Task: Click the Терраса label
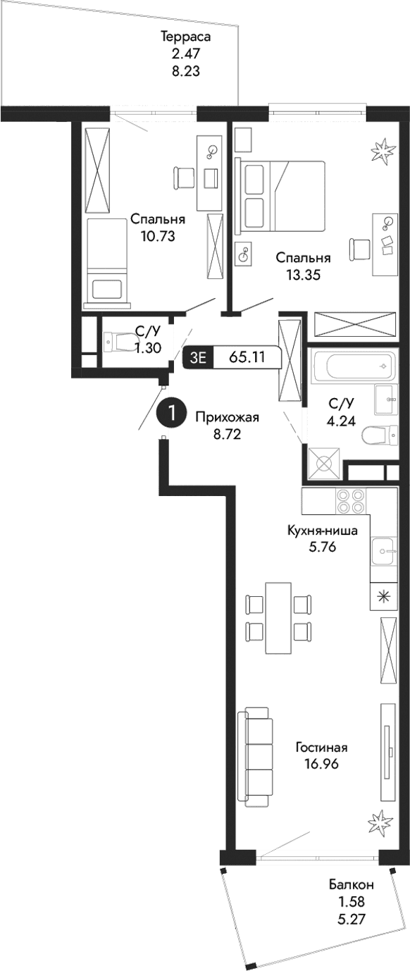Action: (x=186, y=37)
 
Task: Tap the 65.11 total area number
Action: (x=247, y=357)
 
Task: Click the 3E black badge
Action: (x=197, y=357)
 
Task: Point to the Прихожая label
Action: (x=228, y=417)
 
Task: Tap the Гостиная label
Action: (x=321, y=748)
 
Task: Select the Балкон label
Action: (x=350, y=885)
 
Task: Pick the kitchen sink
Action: (x=385, y=548)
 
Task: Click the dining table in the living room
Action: (x=278, y=618)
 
